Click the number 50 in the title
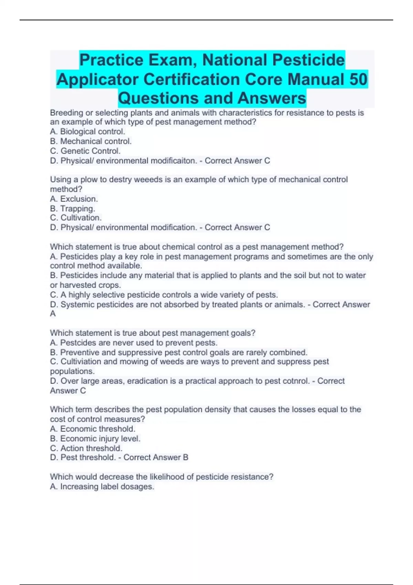pos(358,79)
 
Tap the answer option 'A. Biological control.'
pos(87,131)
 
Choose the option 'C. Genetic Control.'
pos(85,151)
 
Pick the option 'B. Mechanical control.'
pos(91,141)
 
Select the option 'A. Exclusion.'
pos(74,199)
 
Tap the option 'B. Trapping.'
pos(73,209)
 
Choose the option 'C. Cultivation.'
pos(76,218)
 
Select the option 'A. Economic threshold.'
pos(93,429)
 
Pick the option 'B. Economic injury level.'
pos(95,438)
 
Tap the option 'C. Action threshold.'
pos(86,448)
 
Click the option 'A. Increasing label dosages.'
pos(102,487)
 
